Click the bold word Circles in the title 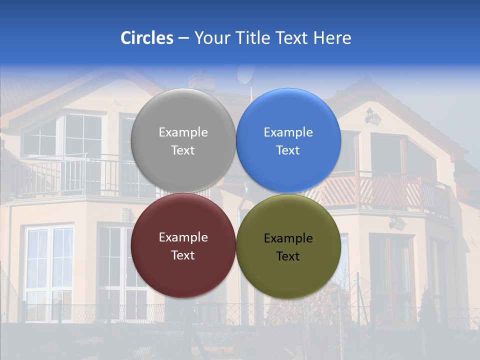[x=146, y=38]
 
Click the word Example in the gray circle [x=183, y=132]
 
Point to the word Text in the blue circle [x=288, y=150]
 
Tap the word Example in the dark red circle [x=183, y=237]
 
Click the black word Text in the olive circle [x=288, y=256]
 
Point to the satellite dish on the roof [x=245, y=74]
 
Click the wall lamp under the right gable [x=372, y=116]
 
